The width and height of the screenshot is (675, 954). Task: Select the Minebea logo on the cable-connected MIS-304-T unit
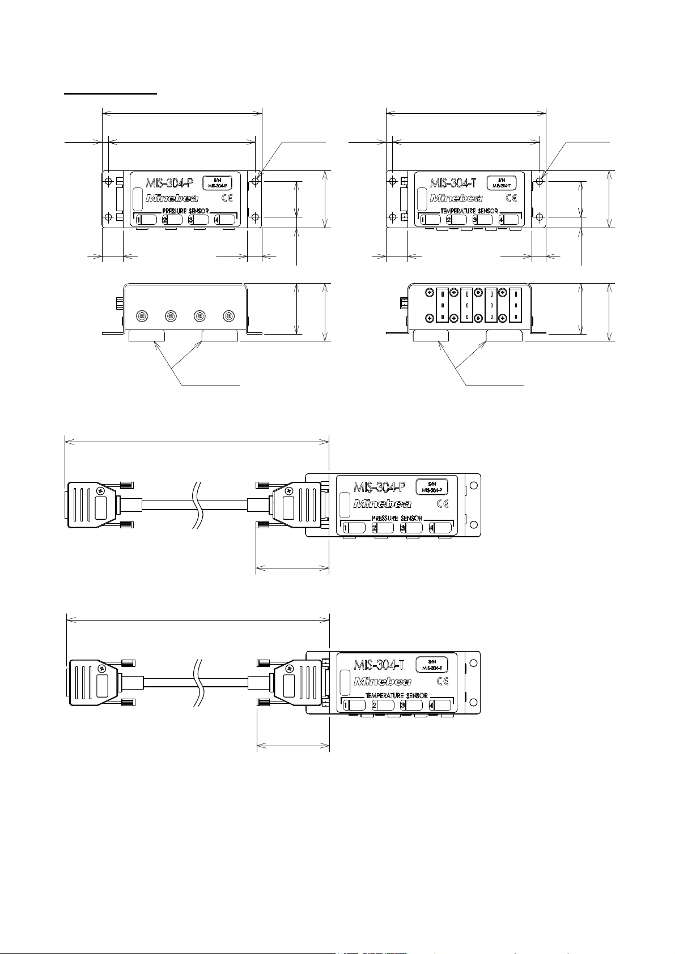tap(383, 681)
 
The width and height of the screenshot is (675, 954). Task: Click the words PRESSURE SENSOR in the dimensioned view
tap(185, 211)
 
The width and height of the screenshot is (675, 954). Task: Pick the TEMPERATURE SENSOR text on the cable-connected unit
tap(396, 695)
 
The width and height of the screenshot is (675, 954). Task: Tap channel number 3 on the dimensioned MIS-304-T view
tap(475, 220)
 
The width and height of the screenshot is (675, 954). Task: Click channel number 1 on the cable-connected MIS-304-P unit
tap(345, 528)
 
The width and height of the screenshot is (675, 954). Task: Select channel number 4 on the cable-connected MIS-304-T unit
tap(432, 706)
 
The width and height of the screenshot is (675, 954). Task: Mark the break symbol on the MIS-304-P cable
tap(198, 504)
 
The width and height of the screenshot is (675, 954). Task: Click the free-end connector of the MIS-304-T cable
tap(94, 683)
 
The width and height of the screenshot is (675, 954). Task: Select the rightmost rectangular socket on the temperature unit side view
tap(515, 305)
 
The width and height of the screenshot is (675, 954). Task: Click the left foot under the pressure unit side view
tap(147, 336)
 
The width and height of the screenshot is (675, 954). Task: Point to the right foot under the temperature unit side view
tap(504, 336)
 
